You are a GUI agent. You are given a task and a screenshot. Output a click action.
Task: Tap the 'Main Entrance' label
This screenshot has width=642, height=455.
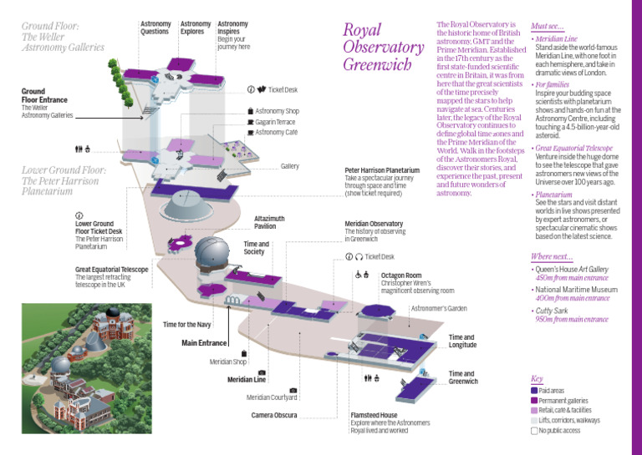click(x=204, y=343)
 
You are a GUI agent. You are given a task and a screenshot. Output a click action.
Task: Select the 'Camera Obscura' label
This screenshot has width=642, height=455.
click(x=274, y=415)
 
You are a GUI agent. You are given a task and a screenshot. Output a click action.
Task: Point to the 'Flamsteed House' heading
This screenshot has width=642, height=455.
click(x=374, y=414)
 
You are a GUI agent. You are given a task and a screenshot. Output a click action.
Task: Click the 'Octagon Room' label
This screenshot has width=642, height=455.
click(x=401, y=275)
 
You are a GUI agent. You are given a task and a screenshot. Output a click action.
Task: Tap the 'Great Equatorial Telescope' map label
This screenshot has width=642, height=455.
click(x=112, y=270)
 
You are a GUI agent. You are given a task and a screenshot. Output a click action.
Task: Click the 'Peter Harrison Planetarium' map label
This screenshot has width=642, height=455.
click(x=382, y=169)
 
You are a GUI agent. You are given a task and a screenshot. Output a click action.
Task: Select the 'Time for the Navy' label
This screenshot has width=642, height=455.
click(x=187, y=323)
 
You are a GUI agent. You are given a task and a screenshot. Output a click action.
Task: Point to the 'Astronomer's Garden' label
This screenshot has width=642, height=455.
click(x=438, y=309)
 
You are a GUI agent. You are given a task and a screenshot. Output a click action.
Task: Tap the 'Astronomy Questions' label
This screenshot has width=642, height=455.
click(x=155, y=28)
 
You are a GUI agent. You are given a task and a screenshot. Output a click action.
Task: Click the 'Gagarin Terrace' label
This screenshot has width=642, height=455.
click(x=277, y=121)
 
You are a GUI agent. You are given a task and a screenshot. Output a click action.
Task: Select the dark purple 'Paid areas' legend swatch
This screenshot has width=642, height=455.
click(x=535, y=391)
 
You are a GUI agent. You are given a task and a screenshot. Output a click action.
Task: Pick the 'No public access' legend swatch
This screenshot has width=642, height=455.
click(x=535, y=432)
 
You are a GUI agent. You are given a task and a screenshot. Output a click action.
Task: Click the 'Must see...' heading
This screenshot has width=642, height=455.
click(x=548, y=26)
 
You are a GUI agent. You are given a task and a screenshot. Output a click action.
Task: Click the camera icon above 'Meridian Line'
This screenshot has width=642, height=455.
click(x=262, y=372)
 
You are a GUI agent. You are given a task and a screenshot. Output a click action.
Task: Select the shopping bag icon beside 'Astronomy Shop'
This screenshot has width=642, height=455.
click(x=250, y=110)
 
